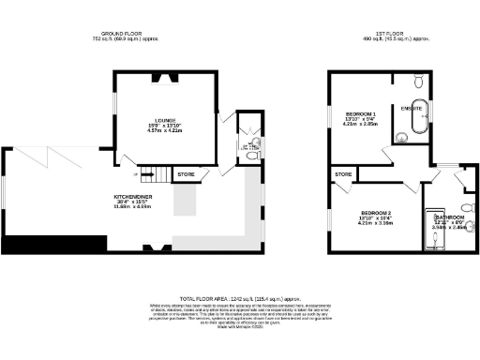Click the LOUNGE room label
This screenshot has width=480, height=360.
166,120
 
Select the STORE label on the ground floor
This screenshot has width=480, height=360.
186,174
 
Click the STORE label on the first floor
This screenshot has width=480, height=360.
343,174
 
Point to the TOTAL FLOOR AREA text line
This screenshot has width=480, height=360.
240,296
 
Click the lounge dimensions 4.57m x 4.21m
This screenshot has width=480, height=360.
166,131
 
